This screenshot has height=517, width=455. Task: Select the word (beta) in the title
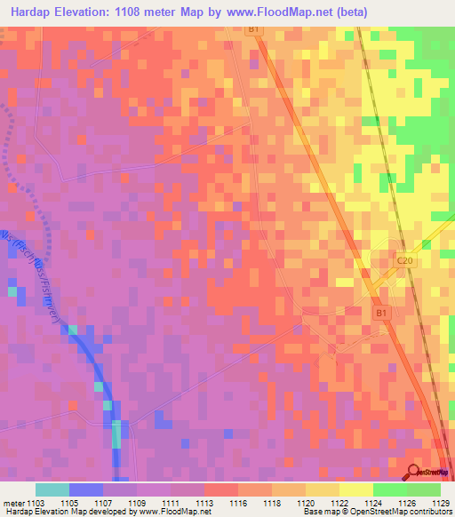349,12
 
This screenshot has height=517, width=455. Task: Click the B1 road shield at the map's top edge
254,29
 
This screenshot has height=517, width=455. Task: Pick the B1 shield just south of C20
380,313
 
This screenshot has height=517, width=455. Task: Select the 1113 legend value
204,504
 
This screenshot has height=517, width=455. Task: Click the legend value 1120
306,504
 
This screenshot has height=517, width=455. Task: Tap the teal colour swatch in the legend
52,489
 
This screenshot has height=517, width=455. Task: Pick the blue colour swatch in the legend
86,489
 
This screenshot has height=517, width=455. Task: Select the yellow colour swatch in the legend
356,489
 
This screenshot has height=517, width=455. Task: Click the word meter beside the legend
10,504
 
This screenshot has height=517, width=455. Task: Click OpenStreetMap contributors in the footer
404,513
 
